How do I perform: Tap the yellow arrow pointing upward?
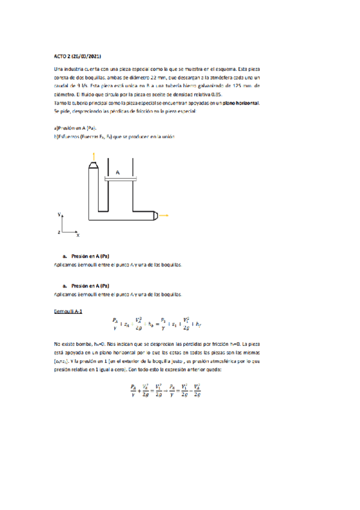[93, 158]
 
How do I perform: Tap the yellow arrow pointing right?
[164, 215]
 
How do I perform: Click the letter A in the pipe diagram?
[118, 173]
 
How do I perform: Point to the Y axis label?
[59, 214]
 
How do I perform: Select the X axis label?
[78, 235]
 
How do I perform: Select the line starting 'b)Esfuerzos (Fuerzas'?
[114, 137]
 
